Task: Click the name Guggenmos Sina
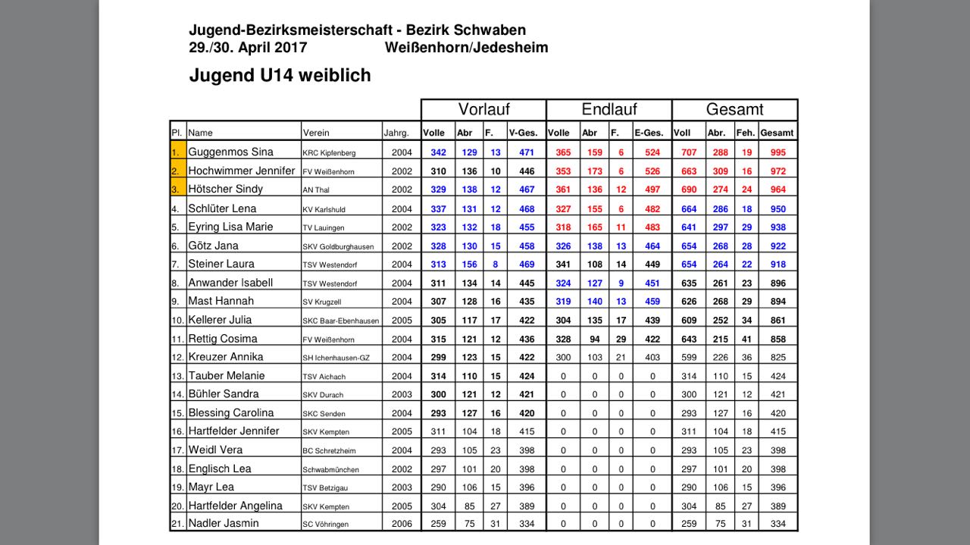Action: pyautogui.click(x=230, y=152)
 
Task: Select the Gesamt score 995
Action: pyautogui.click(x=777, y=152)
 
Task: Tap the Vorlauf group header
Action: pyautogui.click(x=483, y=109)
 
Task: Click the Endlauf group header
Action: pyautogui.click(x=609, y=109)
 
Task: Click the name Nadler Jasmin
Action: pyautogui.click(x=224, y=524)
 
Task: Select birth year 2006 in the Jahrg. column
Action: pyautogui.click(x=402, y=524)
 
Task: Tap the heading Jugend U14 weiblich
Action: pyautogui.click(x=280, y=76)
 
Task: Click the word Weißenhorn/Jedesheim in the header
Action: pyautogui.click(x=466, y=47)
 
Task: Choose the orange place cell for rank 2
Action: pyautogui.click(x=178, y=171)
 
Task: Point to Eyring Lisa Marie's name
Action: pyautogui.click(x=230, y=227)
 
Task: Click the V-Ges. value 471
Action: pyautogui.click(x=526, y=152)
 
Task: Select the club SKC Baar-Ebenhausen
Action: pyautogui.click(x=339, y=321)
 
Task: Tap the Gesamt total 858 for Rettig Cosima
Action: pyautogui.click(x=777, y=339)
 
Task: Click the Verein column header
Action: pyautogui.click(x=316, y=133)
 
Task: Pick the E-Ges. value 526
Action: pyautogui.click(x=652, y=171)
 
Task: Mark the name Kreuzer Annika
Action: pyautogui.click(x=226, y=357)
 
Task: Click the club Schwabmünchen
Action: pyautogui.click(x=330, y=470)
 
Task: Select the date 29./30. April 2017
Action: pyautogui.click(x=248, y=47)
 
